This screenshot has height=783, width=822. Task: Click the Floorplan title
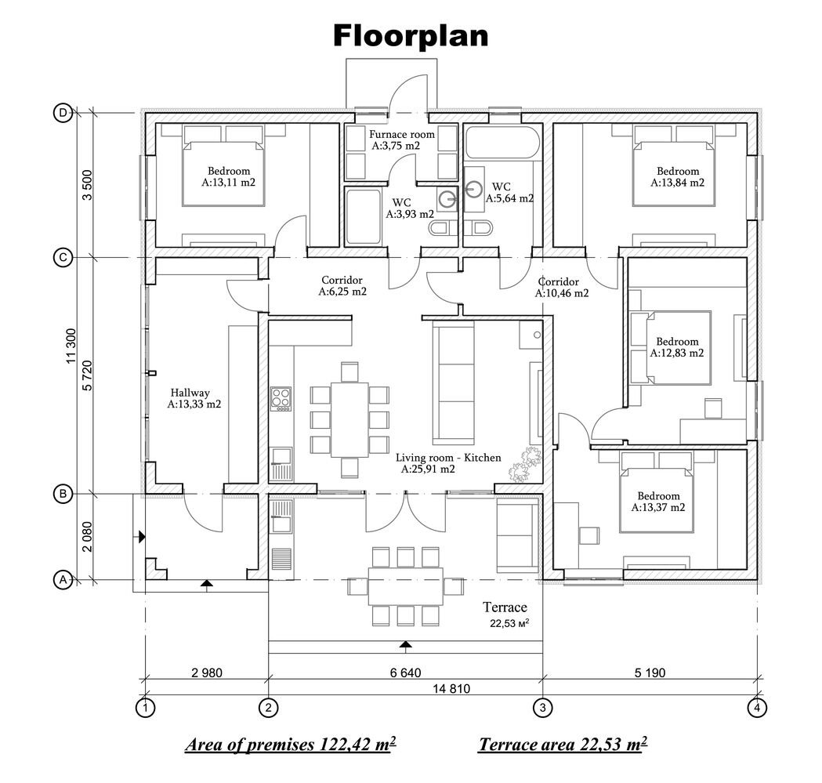411,35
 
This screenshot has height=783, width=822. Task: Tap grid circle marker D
63,113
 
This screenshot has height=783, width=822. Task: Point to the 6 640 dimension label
405,672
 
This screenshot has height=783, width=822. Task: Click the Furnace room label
402,134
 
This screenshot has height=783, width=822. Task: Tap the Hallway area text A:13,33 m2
194,404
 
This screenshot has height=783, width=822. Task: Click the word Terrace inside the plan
505,607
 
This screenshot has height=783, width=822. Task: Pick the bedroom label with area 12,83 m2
677,342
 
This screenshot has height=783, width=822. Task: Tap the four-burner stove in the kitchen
281,398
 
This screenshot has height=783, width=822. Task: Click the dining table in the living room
349,419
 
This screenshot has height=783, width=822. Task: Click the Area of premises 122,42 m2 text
290,744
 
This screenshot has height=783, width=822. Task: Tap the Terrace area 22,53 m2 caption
563,744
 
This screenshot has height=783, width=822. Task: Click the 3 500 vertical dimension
88,186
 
